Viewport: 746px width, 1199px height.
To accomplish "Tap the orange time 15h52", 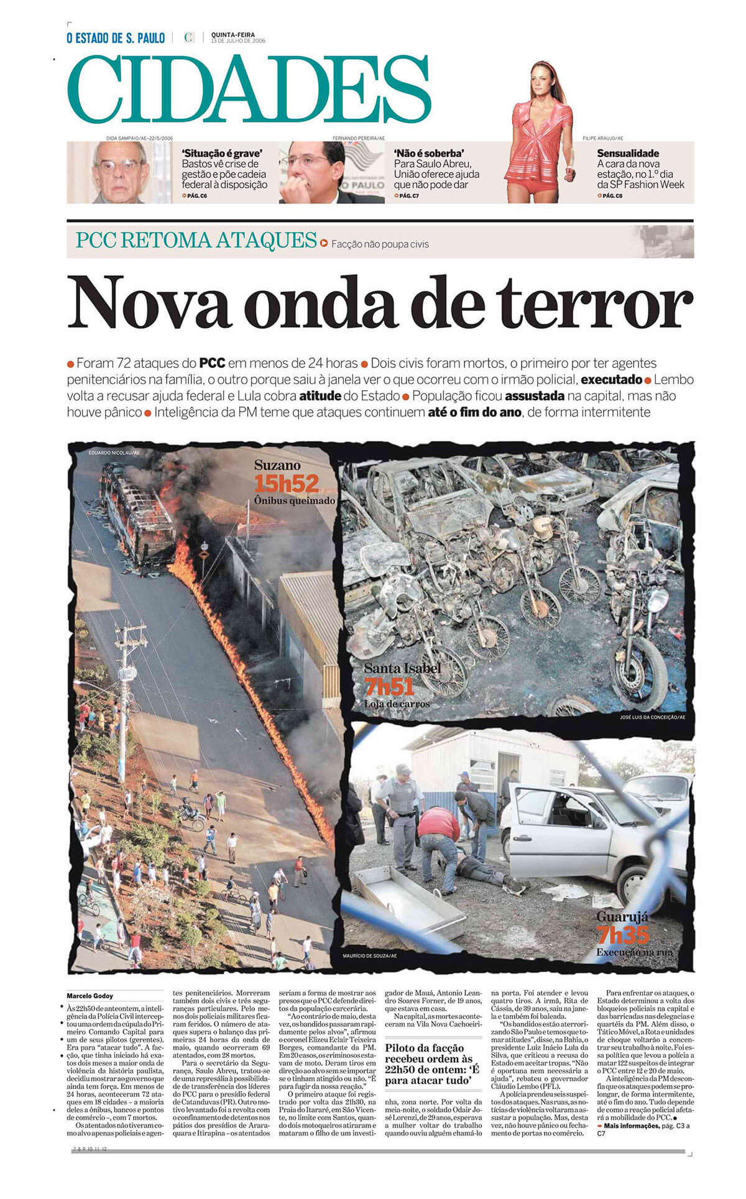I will pyautogui.click(x=286, y=483).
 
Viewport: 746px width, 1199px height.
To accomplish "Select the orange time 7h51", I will pyautogui.click(x=389, y=687).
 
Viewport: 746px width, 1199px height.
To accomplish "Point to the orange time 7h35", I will pyautogui.click(x=622, y=934).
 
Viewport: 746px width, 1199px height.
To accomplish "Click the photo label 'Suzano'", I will pyautogui.click(x=277, y=465).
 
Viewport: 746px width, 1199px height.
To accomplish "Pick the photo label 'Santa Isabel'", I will pyautogui.click(x=402, y=668).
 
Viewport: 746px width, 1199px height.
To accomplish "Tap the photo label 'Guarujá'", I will pyautogui.click(x=622, y=916).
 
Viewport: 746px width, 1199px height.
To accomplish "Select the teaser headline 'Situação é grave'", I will pyautogui.click(x=222, y=153).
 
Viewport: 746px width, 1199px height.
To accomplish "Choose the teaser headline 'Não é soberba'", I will pyautogui.click(x=428, y=153).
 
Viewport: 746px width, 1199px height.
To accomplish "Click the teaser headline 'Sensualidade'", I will pyautogui.click(x=628, y=153).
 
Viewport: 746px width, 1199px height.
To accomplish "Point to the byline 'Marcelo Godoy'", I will pyautogui.click(x=90, y=996).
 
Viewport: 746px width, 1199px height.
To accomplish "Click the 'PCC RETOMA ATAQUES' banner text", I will pyautogui.click(x=196, y=240).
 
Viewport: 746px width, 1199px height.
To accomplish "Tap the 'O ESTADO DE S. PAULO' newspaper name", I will pyautogui.click(x=116, y=39).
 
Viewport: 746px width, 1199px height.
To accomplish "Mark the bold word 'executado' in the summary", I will pyautogui.click(x=611, y=380).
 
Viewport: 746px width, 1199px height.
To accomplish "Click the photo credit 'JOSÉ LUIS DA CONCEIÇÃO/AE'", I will pyautogui.click(x=652, y=717).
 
